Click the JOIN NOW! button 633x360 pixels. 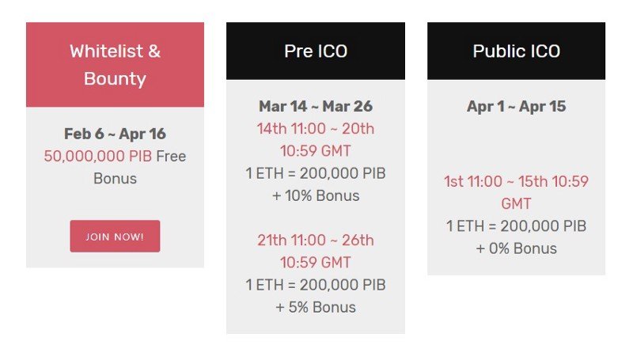[115, 236]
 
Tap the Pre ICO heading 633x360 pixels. [316, 51]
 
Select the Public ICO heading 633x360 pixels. [517, 51]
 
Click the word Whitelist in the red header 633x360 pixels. [106, 51]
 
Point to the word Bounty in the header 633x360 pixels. [115, 79]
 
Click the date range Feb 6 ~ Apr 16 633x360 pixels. [115, 134]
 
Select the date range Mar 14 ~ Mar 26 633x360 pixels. [316, 106]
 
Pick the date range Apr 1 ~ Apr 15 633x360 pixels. [517, 106]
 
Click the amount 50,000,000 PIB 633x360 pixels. [97, 156]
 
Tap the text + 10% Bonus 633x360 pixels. [316, 195]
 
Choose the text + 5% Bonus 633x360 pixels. [316, 307]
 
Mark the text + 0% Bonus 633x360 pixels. [517, 248]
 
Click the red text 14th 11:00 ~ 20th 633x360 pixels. [316, 129]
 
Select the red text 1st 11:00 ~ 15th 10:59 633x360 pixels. [517, 182]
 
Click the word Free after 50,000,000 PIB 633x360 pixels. [171, 156]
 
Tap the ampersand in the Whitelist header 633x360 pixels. [154, 51]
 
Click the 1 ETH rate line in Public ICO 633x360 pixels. [517, 226]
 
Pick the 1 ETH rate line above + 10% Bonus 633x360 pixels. [316, 173]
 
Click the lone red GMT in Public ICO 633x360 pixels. [517, 204]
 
